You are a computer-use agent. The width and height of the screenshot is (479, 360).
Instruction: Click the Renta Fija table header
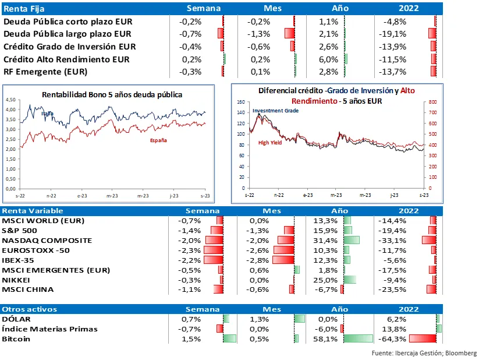(24, 9)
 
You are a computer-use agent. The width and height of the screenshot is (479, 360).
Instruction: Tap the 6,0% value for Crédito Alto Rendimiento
(329, 59)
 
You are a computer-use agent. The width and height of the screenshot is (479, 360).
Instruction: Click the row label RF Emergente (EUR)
(45, 72)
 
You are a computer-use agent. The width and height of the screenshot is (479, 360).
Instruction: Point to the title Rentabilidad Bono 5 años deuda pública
(112, 94)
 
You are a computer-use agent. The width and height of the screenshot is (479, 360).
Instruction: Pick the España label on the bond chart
(158, 141)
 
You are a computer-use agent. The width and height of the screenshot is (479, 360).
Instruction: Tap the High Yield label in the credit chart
(271, 143)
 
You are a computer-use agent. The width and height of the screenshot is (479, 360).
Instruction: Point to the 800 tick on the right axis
(432, 102)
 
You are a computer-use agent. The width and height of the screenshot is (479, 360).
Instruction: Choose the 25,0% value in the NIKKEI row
(329, 280)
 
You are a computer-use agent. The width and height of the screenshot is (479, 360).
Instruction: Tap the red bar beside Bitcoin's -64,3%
(422, 339)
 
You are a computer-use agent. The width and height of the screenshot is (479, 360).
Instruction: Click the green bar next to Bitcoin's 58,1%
(358, 339)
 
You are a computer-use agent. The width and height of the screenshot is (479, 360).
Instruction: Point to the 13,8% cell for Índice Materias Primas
(396, 329)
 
